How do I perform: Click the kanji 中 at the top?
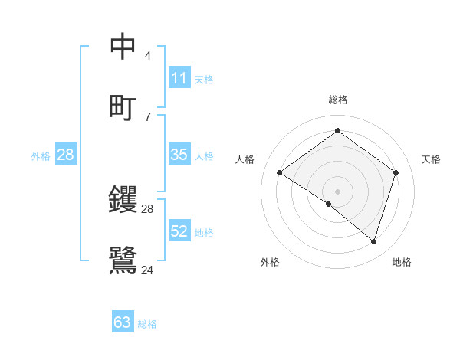(x=123, y=47)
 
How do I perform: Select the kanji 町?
(x=123, y=106)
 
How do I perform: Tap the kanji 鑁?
(x=123, y=200)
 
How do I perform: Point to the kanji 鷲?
(x=123, y=260)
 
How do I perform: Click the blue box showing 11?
(x=179, y=78)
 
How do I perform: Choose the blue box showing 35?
(x=179, y=155)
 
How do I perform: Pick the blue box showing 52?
(x=179, y=231)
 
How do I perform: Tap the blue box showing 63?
(x=123, y=322)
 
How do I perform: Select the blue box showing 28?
(x=66, y=155)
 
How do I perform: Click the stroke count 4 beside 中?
(x=147, y=56)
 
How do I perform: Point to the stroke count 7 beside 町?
(x=147, y=116)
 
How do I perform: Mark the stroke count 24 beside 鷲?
(x=148, y=270)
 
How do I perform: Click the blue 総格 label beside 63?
(x=147, y=324)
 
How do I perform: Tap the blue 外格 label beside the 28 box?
(x=41, y=156)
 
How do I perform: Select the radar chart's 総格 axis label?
(x=337, y=100)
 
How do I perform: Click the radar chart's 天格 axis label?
(x=431, y=159)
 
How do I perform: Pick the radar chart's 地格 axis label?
(x=402, y=262)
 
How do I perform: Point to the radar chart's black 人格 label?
(x=245, y=159)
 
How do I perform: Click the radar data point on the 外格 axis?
(x=329, y=204)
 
